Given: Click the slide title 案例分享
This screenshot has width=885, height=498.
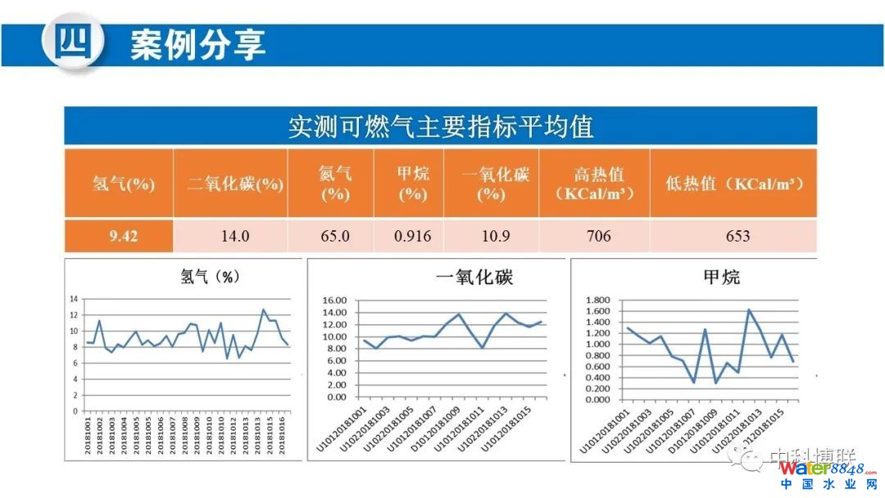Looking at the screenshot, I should point(197,44).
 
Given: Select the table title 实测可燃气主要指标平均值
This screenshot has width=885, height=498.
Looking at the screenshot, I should point(441,127).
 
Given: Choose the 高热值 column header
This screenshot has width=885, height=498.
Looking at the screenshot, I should point(594,183).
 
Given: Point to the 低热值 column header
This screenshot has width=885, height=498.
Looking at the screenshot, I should point(734,183).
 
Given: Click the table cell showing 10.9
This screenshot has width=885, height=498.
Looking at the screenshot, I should point(491,237).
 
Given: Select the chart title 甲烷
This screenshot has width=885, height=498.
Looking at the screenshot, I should point(721,277).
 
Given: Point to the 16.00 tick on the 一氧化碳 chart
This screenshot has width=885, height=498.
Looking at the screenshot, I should point(335,301).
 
